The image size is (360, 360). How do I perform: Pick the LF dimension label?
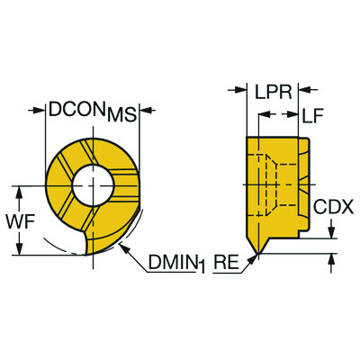312,115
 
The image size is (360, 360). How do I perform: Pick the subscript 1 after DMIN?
204,267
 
